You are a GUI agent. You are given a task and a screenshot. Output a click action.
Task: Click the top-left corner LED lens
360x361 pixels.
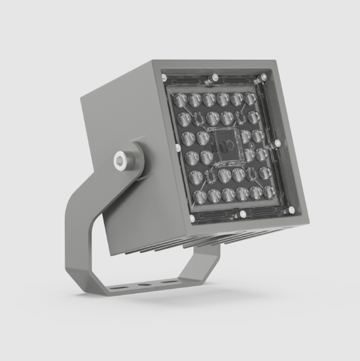tap(180, 100)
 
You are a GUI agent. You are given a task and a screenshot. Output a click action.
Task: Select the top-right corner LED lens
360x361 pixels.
tap(250, 98)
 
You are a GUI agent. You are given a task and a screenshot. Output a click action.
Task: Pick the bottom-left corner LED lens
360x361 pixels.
tap(200, 197)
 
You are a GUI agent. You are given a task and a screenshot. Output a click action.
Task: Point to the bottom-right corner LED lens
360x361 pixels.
tap(269, 192)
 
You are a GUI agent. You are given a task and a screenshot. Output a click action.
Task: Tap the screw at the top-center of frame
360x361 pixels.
tap(215, 77)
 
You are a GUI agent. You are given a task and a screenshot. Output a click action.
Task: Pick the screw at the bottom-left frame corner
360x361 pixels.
tap(192, 219)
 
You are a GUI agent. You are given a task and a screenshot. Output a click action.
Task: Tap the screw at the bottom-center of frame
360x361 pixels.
tap(239, 215)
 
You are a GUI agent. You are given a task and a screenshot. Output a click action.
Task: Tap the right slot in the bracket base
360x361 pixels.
tap(169, 282)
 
